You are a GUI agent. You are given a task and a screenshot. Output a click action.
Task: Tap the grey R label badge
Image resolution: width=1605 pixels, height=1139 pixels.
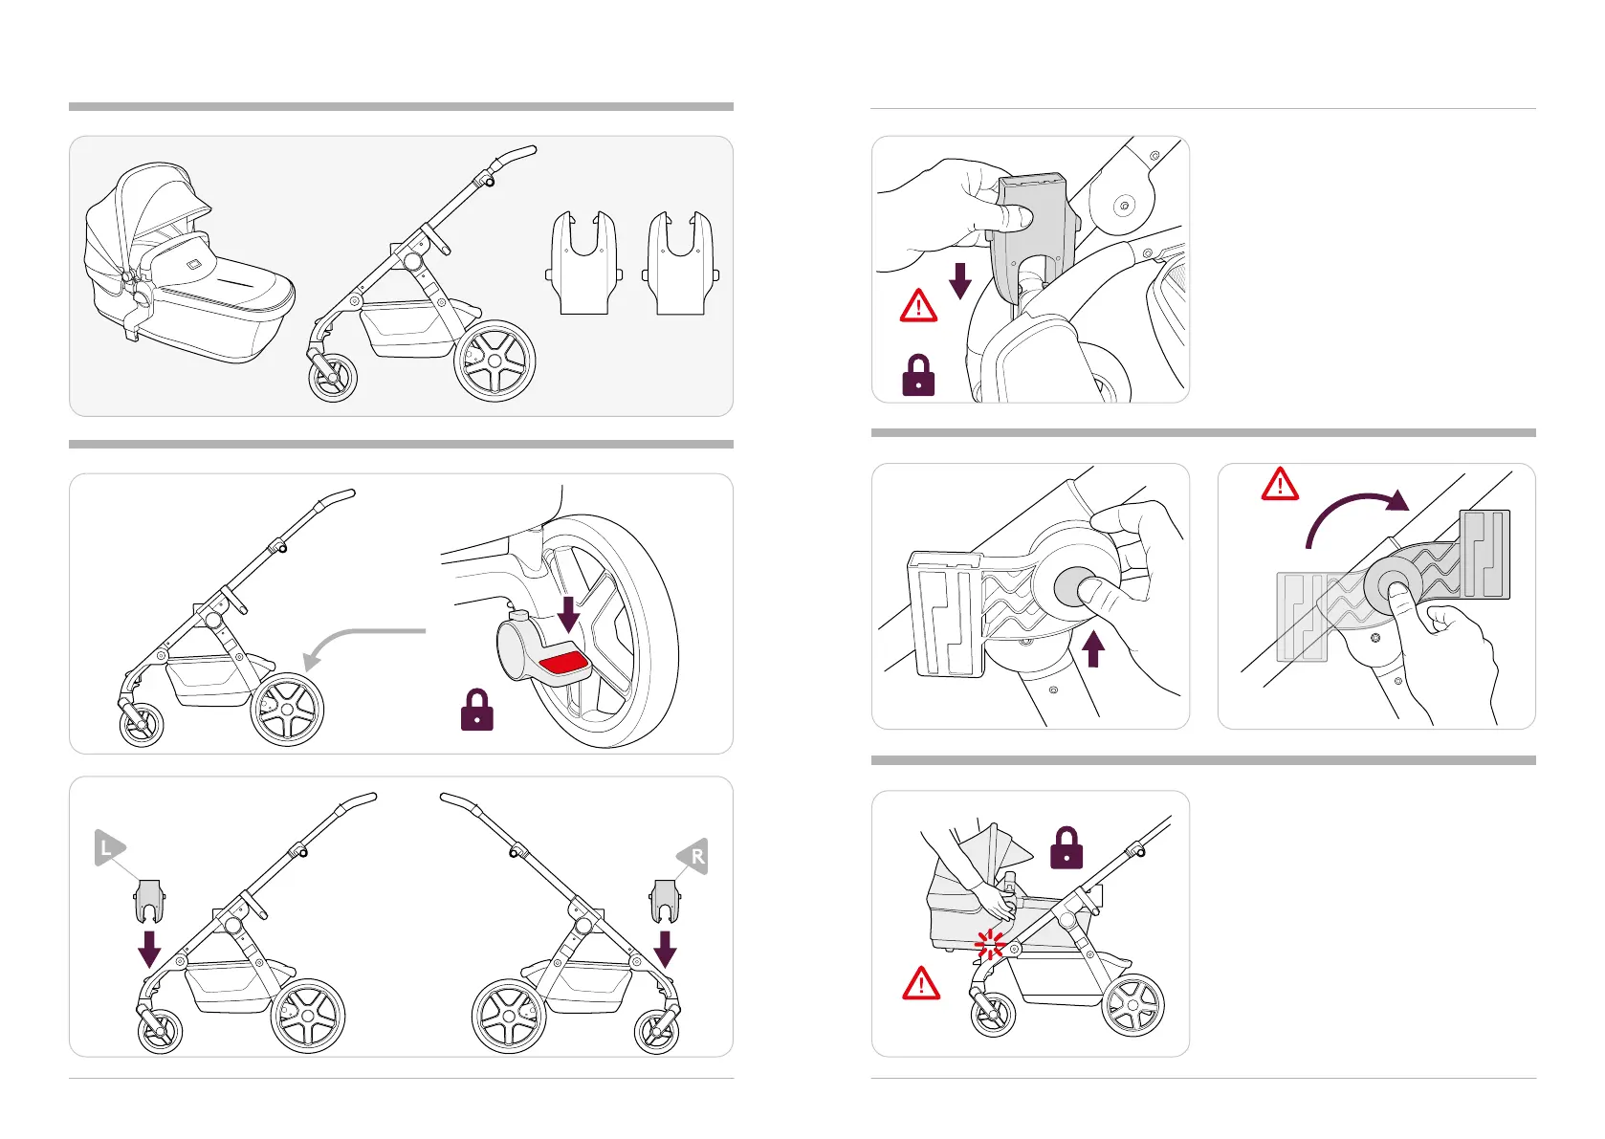694,856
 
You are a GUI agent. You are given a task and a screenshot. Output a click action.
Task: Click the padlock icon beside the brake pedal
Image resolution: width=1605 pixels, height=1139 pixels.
476,711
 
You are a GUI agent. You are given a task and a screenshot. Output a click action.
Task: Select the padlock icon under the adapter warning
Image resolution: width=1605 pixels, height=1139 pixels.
918,376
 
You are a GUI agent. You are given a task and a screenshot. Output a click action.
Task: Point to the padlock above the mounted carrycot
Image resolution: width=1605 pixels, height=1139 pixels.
1066,848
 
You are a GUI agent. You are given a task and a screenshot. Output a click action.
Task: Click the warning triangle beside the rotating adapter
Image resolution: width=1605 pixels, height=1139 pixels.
1280,485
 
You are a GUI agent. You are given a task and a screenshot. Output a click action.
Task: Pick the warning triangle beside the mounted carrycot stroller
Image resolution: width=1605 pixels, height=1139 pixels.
921,983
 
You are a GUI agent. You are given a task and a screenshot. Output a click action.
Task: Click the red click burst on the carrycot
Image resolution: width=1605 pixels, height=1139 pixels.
989,945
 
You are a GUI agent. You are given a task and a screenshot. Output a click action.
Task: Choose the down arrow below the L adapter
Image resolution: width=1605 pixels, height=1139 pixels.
149,949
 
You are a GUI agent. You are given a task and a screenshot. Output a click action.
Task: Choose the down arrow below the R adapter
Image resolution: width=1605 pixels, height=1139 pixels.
665,950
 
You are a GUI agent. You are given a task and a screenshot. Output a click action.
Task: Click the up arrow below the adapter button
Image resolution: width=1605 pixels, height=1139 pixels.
1092,649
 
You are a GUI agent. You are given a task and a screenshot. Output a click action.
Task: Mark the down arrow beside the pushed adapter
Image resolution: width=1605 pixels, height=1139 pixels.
959,280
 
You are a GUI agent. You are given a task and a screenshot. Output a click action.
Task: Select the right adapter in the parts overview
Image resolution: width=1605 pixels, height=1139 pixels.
680,264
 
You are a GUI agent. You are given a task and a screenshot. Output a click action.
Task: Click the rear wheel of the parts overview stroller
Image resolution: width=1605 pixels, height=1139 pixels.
495,361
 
